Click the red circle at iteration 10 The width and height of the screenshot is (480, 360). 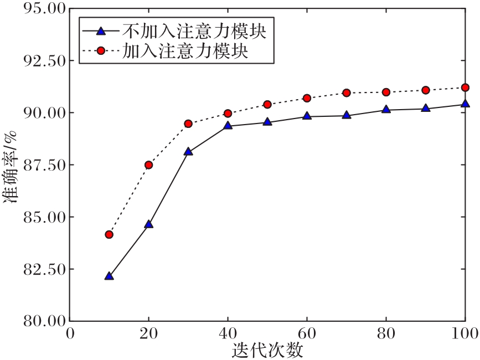point(109,235)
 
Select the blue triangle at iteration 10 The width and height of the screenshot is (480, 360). point(109,276)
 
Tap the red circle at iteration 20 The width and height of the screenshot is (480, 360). point(148,165)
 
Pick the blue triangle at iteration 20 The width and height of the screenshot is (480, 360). point(148,224)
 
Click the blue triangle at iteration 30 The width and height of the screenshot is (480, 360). point(188,151)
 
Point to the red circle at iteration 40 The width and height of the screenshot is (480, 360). point(228,114)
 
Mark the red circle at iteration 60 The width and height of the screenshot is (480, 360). point(307,99)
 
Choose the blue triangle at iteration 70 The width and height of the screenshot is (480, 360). point(347,116)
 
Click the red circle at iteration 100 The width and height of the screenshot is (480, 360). point(465,88)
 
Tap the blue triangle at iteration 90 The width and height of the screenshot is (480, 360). point(426,108)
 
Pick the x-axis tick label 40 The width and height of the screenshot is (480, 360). point(228,334)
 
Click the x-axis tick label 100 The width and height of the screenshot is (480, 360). point(464,334)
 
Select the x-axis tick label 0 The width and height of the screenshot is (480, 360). point(70,334)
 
